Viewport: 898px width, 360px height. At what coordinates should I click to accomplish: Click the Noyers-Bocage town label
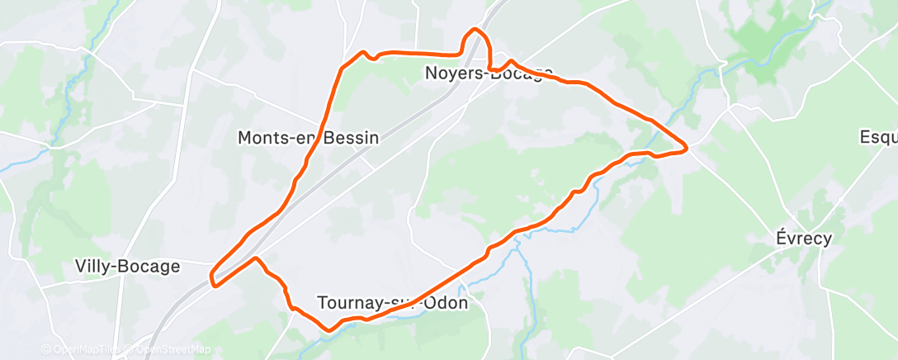coord(489,73)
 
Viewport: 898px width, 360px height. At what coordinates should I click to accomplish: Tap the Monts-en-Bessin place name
coord(308,138)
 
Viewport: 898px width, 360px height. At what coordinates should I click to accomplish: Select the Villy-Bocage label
coord(127,267)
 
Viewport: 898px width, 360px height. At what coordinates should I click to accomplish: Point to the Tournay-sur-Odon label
coord(393,303)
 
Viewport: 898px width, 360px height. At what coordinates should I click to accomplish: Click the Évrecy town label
coord(803,238)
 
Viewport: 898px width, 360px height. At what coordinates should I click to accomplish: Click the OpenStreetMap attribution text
coord(173,349)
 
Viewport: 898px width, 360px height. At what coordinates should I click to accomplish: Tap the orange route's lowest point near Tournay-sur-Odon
coord(329,329)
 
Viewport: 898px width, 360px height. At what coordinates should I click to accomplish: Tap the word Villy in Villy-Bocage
coord(93,267)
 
